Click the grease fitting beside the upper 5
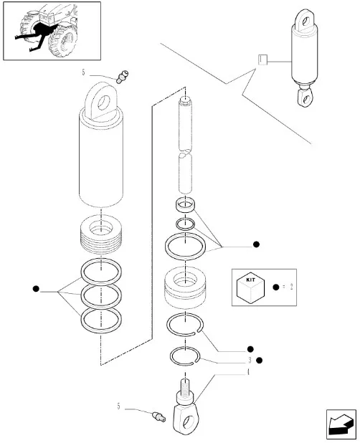click(x=123, y=77)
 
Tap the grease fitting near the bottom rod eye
click(x=159, y=416)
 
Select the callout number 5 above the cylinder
click(x=83, y=72)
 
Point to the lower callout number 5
click(x=118, y=406)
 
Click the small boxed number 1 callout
click(x=262, y=59)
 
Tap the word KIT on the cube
click(x=250, y=280)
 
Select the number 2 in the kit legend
click(x=291, y=287)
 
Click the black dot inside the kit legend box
click(x=276, y=287)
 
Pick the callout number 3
click(x=250, y=361)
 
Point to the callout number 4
click(x=248, y=372)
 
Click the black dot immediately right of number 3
click(x=260, y=361)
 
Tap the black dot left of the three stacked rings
click(x=36, y=289)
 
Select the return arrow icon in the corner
click(x=341, y=424)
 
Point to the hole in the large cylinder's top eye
click(x=104, y=103)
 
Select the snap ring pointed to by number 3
click(x=185, y=356)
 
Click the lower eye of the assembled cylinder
click(x=305, y=97)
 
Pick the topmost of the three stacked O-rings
click(x=101, y=271)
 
